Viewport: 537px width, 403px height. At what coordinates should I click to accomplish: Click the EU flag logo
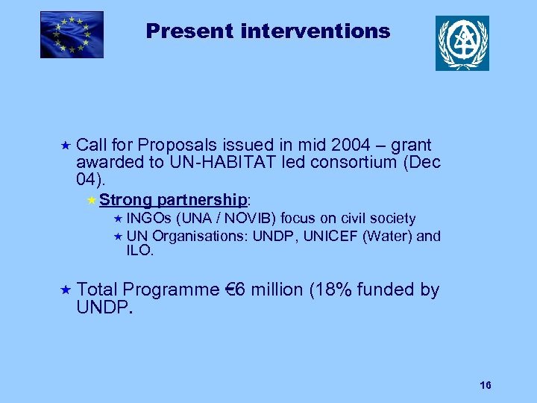(x=72, y=34)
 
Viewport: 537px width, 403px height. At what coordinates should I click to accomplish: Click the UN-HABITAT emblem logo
(x=462, y=43)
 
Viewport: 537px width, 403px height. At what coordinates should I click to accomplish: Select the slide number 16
(x=486, y=385)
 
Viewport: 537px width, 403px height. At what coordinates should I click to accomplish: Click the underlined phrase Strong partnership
(x=173, y=200)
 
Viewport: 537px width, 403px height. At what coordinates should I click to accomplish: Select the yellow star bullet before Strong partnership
(x=91, y=200)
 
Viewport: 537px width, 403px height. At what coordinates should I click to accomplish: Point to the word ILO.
(x=139, y=252)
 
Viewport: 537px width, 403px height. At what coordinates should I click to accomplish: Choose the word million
(x=276, y=290)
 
